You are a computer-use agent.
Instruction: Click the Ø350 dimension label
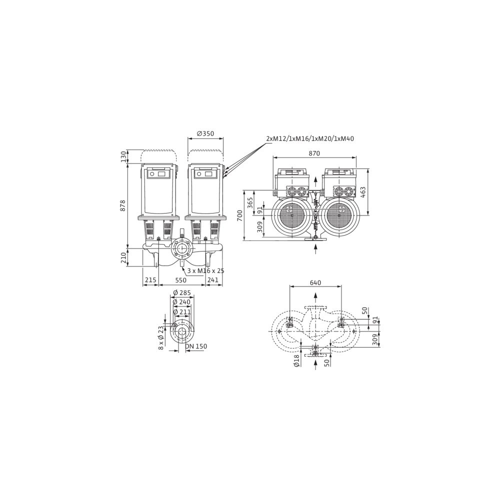coord(205,133)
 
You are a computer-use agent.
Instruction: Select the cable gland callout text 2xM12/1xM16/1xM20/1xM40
coord(310,138)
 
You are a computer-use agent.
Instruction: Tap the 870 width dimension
coord(314,153)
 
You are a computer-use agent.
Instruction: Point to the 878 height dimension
coord(123,205)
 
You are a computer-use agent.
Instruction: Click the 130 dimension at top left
coord(123,156)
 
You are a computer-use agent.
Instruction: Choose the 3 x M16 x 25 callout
coord(206,270)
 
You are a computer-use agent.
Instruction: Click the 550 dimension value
coord(181,280)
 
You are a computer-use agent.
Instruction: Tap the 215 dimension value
coord(150,280)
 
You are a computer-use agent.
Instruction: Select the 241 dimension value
coord(212,280)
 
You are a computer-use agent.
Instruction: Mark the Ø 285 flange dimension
coord(182,292)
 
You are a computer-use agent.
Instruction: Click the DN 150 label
coord(196,346)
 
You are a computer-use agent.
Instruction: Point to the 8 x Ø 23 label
coord(161,337)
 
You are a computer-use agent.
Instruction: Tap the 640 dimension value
coord(315,282)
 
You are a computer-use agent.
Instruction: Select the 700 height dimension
coord(240,216)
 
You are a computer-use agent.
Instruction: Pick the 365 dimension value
coord(250,203)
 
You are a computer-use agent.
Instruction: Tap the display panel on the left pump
coord(158,174)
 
